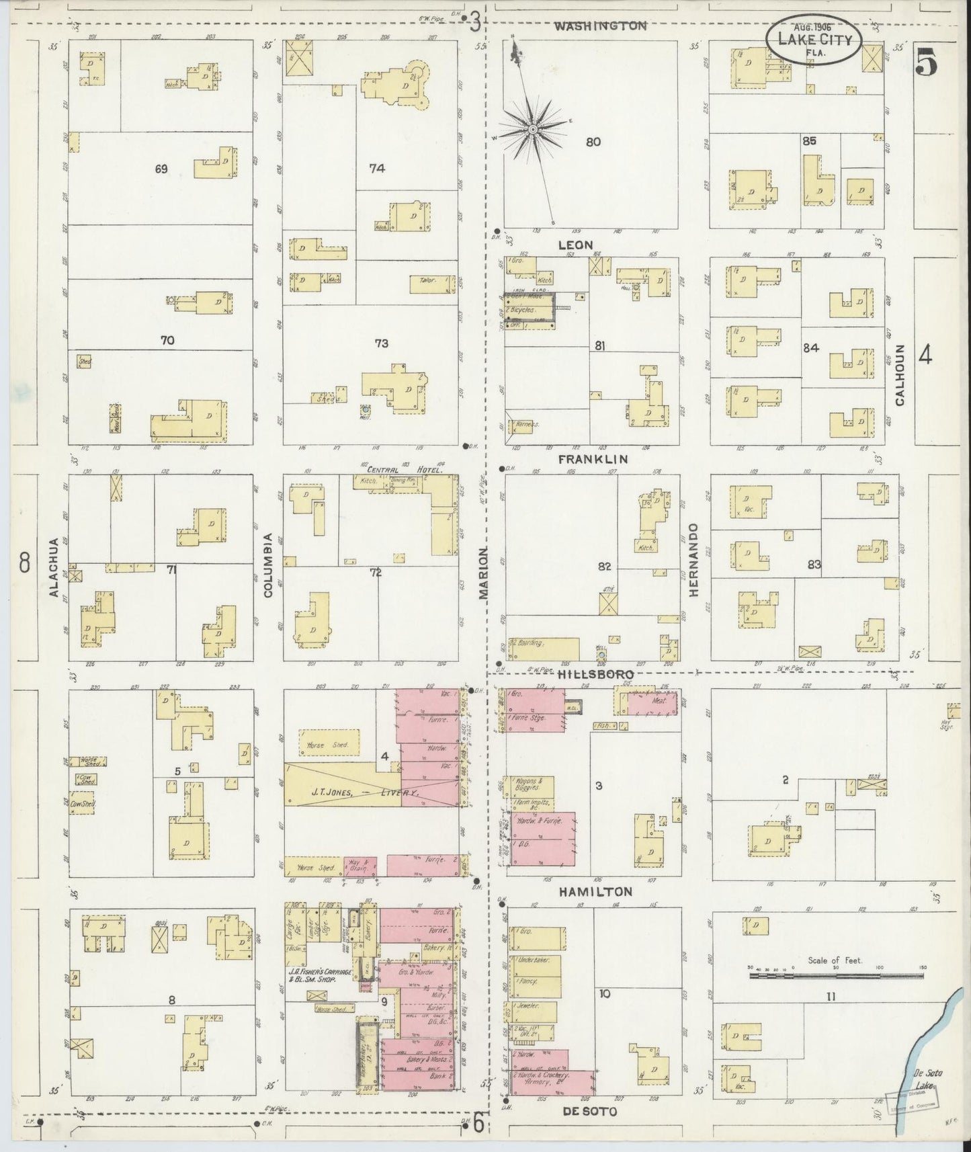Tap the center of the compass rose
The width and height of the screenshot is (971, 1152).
click(x=532, y=128)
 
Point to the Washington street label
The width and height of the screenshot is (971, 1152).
click(x=601, y=26)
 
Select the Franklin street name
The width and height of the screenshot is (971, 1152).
click(x=593, y=459)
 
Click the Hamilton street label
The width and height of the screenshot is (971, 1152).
click(x=595, y=891)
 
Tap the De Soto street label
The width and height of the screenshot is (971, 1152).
click(x=590, y=1111)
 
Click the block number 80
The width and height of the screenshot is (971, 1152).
click(x=593, y=142)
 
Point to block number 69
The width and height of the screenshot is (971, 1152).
click(x=161, y=169)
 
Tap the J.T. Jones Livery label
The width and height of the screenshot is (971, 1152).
click(x=366, y=792)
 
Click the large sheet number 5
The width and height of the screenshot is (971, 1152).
click(x=926, y=64)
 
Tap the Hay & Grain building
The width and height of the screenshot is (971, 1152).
click(x=360, y=866)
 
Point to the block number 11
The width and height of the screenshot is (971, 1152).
click(x=831, y=996)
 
